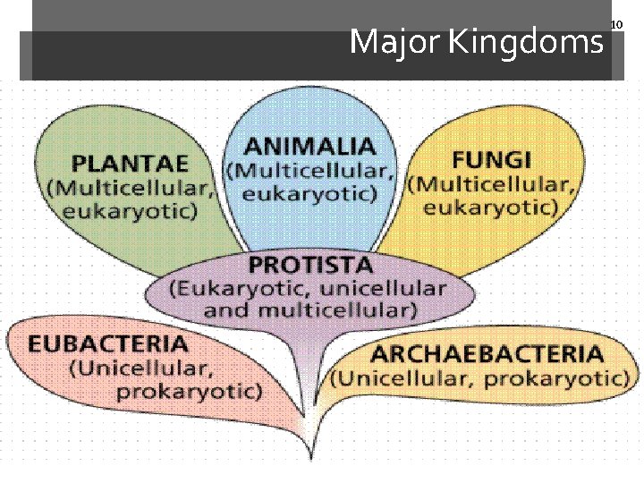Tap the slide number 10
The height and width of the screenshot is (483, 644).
point(615,24)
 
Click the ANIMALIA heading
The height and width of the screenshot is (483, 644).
point(309,146)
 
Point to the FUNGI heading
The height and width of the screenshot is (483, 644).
point(491,160)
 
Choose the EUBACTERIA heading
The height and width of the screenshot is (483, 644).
point(107,343)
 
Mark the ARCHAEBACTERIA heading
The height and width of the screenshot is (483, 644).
point(487,353)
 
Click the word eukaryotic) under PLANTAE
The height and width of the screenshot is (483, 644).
point(130,211)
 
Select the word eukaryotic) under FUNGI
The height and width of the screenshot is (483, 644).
point(491,208)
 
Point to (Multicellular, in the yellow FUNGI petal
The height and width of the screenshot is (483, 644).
point(491,184)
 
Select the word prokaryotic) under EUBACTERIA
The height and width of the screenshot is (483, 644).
point(190,391)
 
